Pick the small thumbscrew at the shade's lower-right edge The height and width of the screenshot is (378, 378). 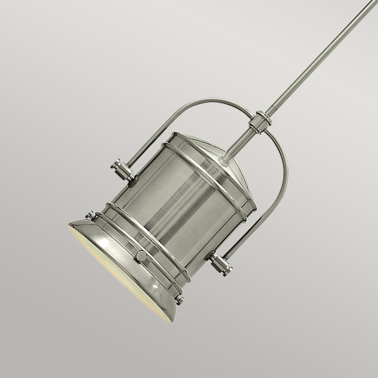(180, 299)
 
